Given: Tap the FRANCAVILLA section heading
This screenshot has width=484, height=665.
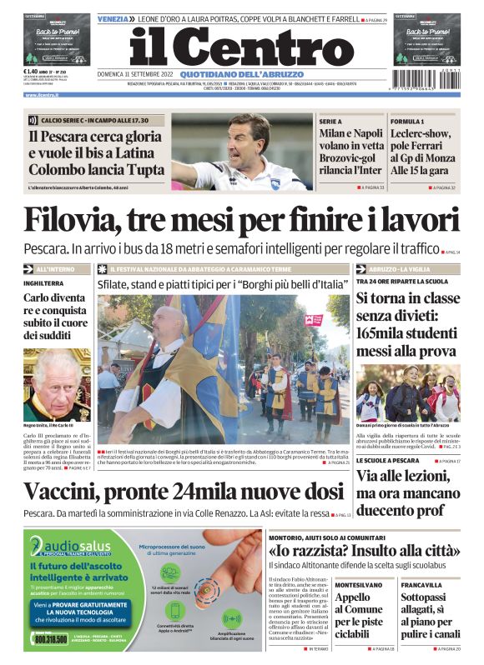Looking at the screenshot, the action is click(x=421, y=585).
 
